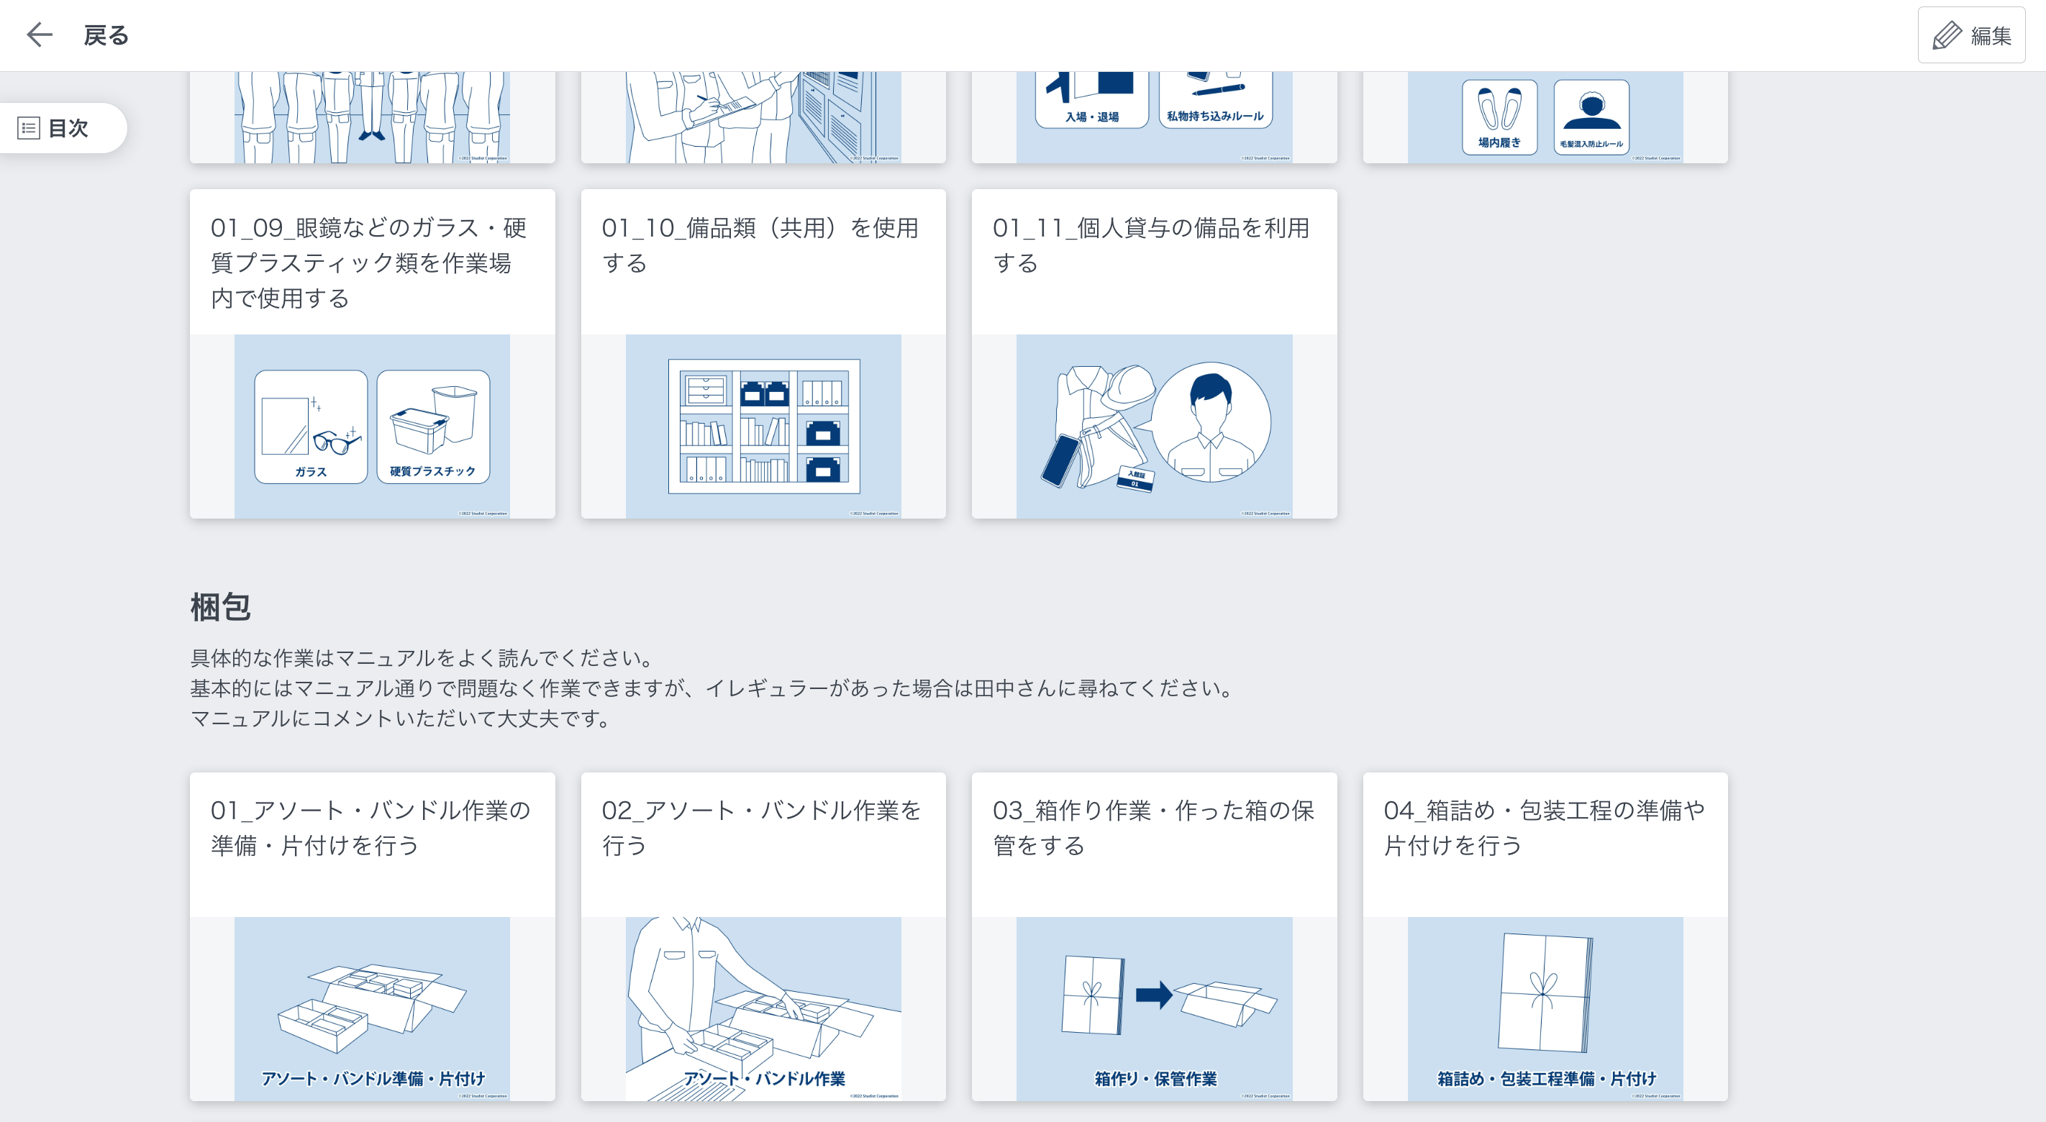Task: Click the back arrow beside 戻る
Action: click(39, 35)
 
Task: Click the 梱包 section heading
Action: click(220, 608)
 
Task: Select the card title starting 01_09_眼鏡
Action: click(368, 263)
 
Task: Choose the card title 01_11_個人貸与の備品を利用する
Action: click(1150, 245)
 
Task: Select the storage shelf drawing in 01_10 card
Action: click(763, 426)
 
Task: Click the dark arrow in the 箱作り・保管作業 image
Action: click(1152, 994)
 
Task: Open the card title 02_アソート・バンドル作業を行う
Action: click(761, 827)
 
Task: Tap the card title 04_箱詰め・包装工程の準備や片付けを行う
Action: click(1543, 827)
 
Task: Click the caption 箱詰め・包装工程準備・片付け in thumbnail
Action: click(1545, 1078)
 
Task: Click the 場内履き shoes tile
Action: click(1499, 117)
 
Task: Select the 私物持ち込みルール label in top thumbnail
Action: click(1214, 116)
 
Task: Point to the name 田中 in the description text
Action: click(994, 688)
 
